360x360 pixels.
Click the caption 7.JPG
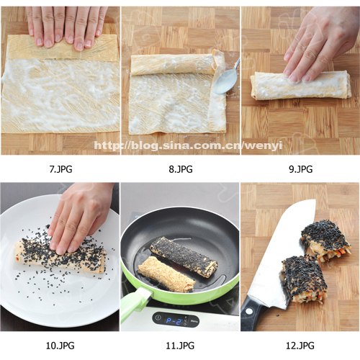[x=60, y=169]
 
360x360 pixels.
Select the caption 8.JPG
[x=181, y=169]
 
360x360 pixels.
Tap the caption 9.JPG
[x=300, y=169]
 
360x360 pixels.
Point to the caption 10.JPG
[x=60, y=346]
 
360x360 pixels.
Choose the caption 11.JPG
[x=180, y=346]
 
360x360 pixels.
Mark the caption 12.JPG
[x=300, y=346]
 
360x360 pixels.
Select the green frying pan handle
[x=135, y=304]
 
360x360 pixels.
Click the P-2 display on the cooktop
[x=174, y=321]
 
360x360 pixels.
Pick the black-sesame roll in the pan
[x=184, y=256]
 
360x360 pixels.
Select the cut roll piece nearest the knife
[x=305, y=279]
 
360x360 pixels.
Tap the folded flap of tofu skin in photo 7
[x=63, y=48]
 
